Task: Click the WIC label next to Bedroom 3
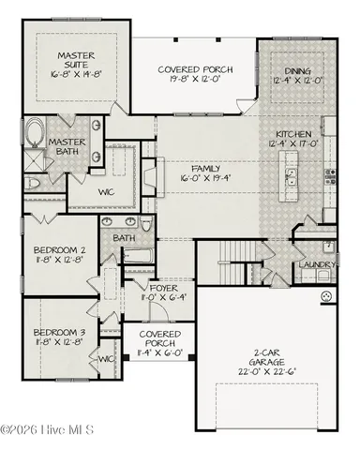tap(106, 358)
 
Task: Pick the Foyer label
tap(151, 288)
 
